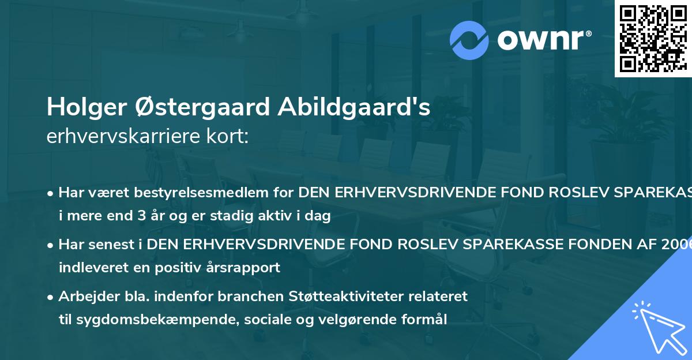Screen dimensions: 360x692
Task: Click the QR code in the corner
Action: pyautogui.click(x=653, y=38)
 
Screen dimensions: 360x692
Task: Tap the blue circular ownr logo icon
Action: pyautogui.click(x=469, y=40)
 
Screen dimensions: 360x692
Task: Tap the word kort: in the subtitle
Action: pyautogui.click(x=232, y=137)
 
